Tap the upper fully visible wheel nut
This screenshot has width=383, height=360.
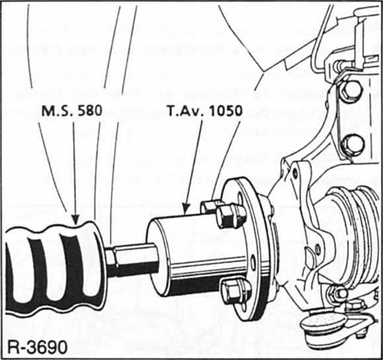231,215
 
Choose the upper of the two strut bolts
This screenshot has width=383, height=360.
351,91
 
